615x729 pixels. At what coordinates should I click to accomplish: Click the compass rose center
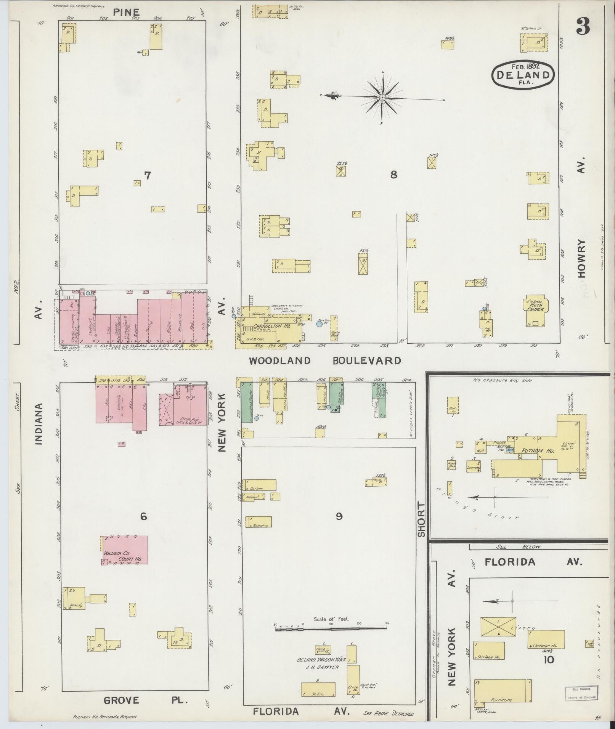point(382,98)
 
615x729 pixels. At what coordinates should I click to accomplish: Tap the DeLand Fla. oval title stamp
point(522,74)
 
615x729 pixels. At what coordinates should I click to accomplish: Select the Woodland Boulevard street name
point(325,360)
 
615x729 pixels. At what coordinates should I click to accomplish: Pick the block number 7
point(148,175)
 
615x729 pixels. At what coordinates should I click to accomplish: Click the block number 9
point(339,516)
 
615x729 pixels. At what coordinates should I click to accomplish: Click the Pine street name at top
point(126,12)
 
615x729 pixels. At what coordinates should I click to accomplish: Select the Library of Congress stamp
point(581,692)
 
